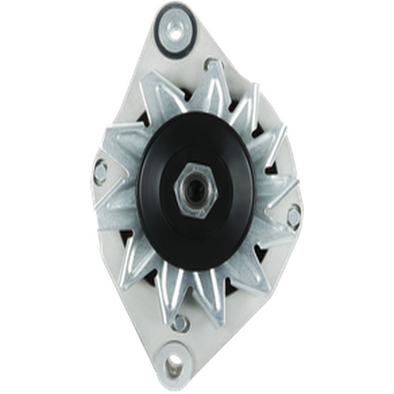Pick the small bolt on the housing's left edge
(x=102, y=166)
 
